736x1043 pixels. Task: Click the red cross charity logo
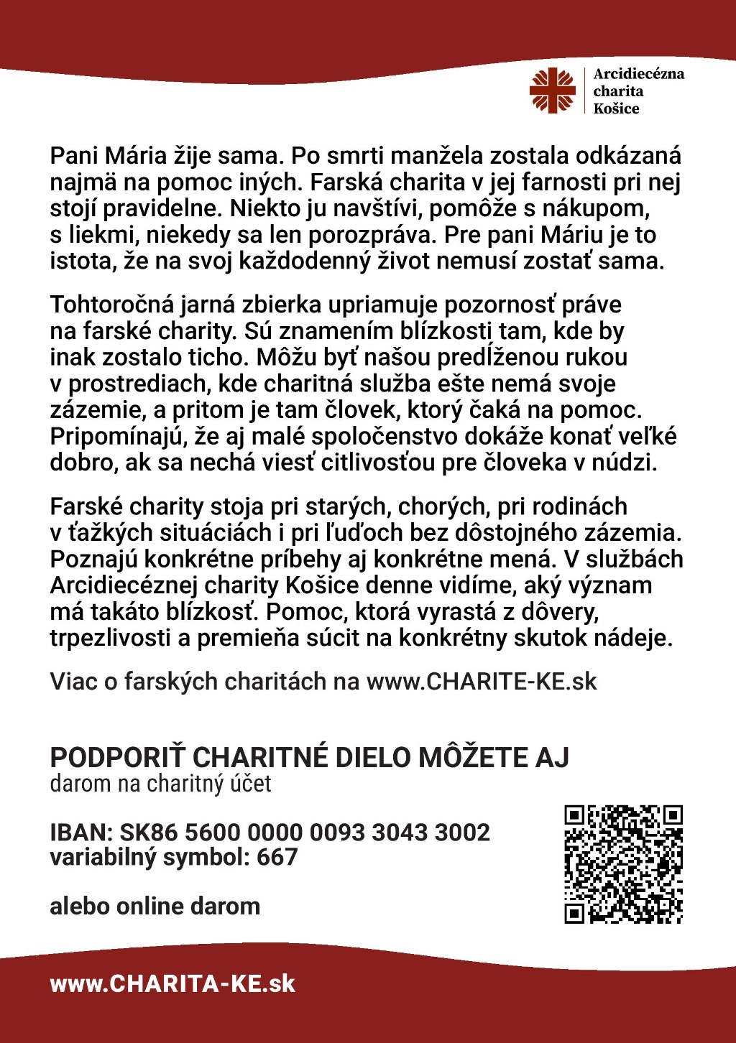(553, 91)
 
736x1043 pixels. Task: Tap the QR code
(623, 864)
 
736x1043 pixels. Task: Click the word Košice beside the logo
(616, 108)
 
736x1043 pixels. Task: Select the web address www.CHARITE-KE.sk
(482, 681)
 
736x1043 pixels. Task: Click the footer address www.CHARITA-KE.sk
(172, 983)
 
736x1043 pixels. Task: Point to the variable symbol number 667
(277, 857)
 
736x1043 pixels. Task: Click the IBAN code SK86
(148, 833)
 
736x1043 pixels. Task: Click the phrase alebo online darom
(155, 906)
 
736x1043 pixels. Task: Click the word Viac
(73, 681)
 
